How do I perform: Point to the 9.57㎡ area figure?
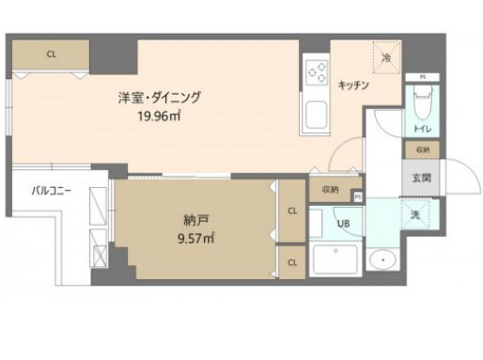pyautogui.click(x=195, y=239)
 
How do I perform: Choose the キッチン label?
pyautogui.click(x=353, y=85)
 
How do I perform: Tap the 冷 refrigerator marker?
pyautogui.click(x=386, y=57)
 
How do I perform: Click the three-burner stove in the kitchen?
pyautogui.click(x=318, y=72)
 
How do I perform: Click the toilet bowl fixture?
pyautogui.click(x=420, y=97)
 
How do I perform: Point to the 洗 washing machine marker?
pyautogui.click(x=414, y=214)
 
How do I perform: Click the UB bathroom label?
pyautogui.click(x=343, y=224)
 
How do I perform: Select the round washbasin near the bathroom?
pyautogui.click(x=382, y=258)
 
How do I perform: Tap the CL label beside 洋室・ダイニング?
pyautogui.click(x=51, y=55)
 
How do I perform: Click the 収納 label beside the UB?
pyautogui.click(x=329, y=189)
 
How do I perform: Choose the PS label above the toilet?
pyautogui.click(x=423, y=77)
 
